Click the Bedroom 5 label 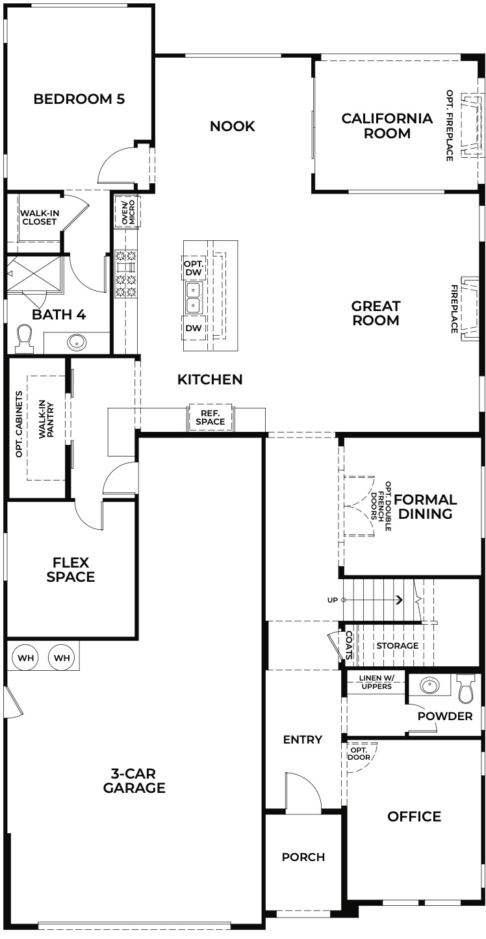click(x=79, y=99)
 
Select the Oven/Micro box click(x=128, y=212)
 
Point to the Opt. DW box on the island click(x=194, y=268)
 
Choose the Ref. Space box click(x=211, y=418)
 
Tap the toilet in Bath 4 click(x=25, y=338)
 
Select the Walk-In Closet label click(x=39, y=218)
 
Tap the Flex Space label click(x=71, y=570)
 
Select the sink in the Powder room click(x=429, y=685)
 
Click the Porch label click(x=303, y=857)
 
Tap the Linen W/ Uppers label click(x=376, y=682)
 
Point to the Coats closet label click(x=349, y=645)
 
